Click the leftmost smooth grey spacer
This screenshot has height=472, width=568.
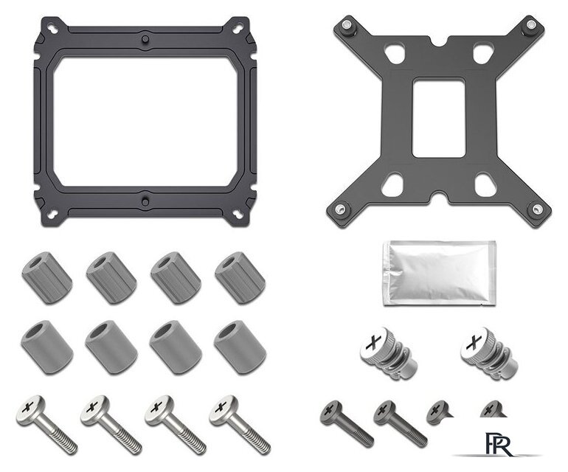pos(47,347)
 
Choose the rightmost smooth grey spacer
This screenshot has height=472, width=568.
pos(240,347)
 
